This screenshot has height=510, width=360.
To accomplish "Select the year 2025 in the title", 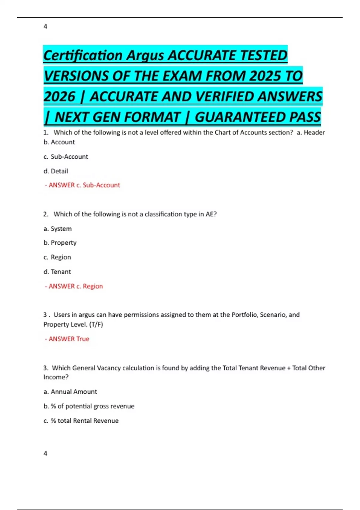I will [x=264, y=76].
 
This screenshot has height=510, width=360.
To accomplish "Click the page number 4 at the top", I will [x=45, y=26].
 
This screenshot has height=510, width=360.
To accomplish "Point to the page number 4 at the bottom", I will [x=45, y=453].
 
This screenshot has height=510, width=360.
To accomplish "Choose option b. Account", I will [x=59, y=142].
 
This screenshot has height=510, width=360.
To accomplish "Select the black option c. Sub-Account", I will [x=66, y=157].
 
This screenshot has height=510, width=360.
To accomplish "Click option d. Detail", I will [x=56, y=171].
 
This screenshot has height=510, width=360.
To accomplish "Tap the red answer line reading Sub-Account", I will [x=82, y=185].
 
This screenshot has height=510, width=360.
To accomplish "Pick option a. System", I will [x=58, y=229].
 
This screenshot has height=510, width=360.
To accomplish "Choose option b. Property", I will [x=60, y=243].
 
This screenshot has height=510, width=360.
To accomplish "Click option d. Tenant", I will [x=57, y=272].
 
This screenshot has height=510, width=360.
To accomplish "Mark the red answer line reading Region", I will [x=74, y=286].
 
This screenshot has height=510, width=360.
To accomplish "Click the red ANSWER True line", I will [x=67, y=339].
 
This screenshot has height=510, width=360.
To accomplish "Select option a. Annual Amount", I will [x=70, y=392].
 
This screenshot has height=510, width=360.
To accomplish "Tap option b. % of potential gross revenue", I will [x=89, y=406].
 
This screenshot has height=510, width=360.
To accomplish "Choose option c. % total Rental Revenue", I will [x=81, y=421].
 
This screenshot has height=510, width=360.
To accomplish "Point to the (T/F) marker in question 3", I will [x=96, y=324].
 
